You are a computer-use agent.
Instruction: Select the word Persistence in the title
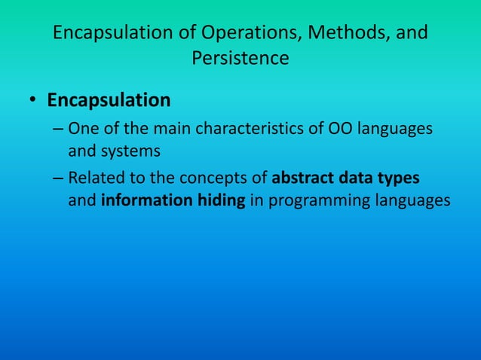pos(240,58)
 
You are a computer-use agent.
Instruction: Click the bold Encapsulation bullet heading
pos(109,100)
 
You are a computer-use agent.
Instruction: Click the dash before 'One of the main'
pos(58,130)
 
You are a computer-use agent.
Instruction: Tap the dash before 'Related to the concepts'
pos(58,180)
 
